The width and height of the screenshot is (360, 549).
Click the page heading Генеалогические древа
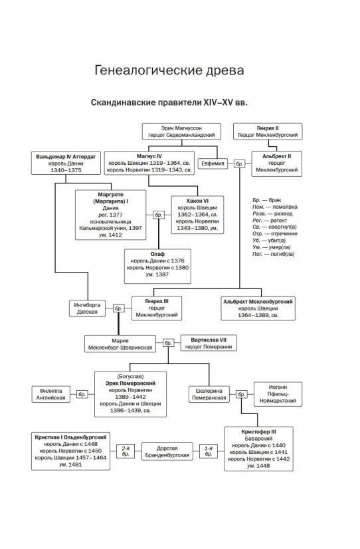169,70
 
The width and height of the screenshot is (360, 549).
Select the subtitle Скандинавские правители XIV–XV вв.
169,102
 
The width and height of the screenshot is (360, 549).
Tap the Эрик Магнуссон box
181,132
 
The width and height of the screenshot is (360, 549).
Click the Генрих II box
268,132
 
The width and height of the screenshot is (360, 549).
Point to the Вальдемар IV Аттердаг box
66,163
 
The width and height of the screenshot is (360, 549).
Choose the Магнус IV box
149,163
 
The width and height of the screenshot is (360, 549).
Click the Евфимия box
213,164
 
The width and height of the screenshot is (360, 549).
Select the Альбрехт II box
276,164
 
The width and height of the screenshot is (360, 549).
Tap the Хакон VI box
197,214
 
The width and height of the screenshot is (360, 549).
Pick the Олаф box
157,266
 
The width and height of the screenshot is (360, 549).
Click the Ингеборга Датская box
87,308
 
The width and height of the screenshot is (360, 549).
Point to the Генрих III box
156,308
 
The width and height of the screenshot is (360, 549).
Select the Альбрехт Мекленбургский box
258,308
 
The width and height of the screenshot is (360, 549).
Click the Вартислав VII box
209,343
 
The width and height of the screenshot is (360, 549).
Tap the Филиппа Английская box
50,394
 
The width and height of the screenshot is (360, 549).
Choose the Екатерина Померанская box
209,394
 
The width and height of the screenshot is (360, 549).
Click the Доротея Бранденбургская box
167,452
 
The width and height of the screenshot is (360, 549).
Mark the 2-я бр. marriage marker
126,451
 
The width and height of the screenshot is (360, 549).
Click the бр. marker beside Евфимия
239,164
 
